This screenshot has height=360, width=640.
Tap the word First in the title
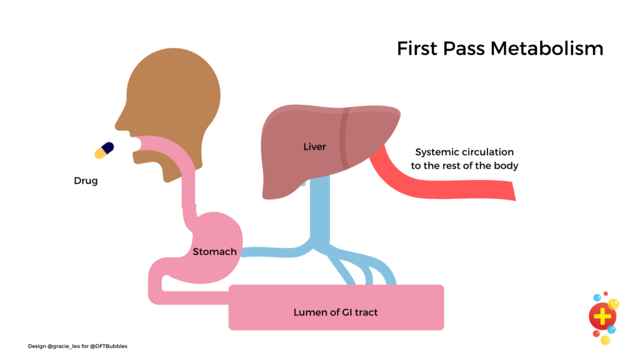coord(417,48)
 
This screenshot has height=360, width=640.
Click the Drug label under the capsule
coord(86,181)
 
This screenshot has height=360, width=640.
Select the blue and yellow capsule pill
coord(104,150)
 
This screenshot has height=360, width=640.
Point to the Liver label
coord(314,147)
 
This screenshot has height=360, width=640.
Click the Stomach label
coord(214,252)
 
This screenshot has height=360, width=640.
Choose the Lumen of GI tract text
coord(336,311)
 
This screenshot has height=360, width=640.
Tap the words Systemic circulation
coord(464,152)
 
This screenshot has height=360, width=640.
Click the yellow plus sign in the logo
coord(602,317)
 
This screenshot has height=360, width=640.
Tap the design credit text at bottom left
coord(77,346)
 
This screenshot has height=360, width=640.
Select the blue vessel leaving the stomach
coord(269,252)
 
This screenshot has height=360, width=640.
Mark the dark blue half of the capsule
coord(108,147)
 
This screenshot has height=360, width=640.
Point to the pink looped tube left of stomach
coord(155,284)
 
